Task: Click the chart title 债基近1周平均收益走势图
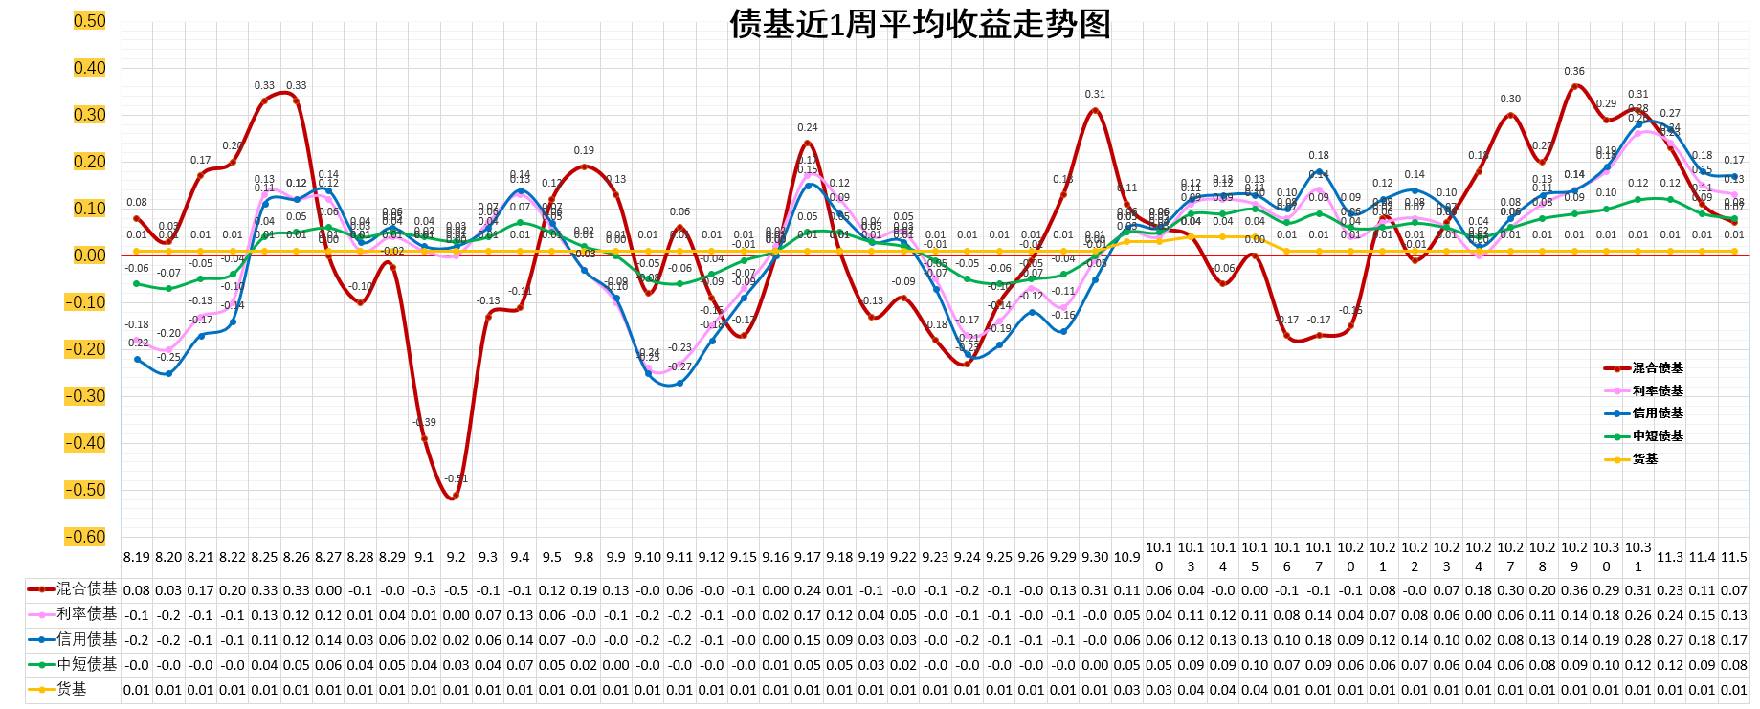(x=920, y=24)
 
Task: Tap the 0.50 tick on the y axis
(x=90, y=21)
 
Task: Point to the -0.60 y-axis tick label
(x=86, y=537)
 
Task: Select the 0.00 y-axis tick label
(x=90, y=255)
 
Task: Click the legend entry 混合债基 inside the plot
(x=1657, y=368)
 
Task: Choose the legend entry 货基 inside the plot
(x=1644, y=459)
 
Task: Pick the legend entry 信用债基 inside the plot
(x=1657, y=413)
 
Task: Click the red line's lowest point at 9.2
(x=456, y=496)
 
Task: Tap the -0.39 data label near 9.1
(x=424, y=422)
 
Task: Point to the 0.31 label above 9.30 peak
(x=1095, y=94)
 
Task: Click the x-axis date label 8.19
(x=137, y=557)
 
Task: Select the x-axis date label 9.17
(x=808, y=557)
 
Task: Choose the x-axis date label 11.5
(x=1734, y=557)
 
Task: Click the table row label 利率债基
(x=86, y=613)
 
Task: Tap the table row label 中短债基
(x=86, y=664)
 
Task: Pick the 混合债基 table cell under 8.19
(x=137, y=590)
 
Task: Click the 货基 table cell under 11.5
(x=1734, y=690)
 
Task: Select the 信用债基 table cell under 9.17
(x=808, y=640)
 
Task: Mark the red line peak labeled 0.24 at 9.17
(x=808, y=143)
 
